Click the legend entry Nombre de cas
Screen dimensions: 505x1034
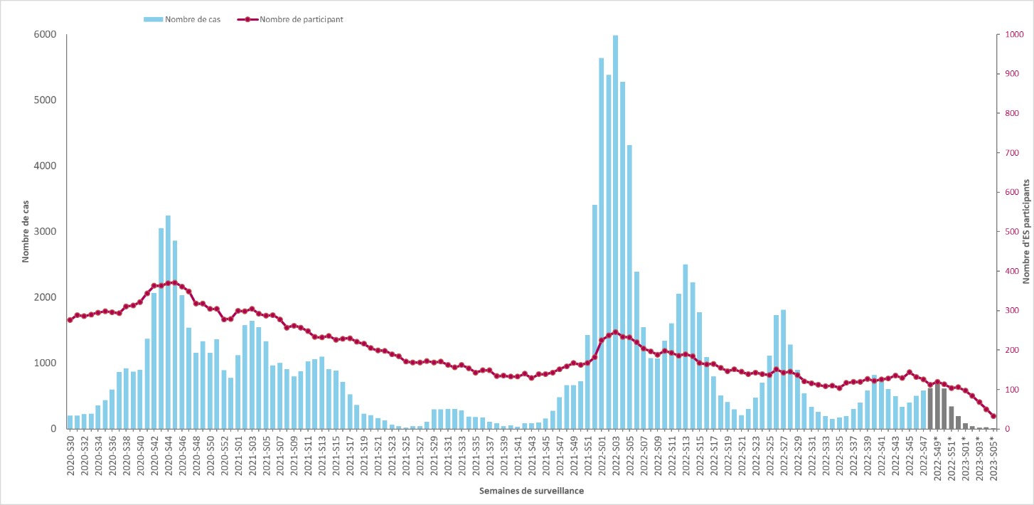[192, 19]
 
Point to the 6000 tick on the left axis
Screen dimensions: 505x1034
[46, 35]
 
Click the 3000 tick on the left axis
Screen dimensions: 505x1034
[46, 232]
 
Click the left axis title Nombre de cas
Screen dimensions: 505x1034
[26, 232]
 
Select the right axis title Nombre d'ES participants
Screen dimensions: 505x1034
[1026, 232]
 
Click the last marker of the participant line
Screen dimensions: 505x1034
[993, 416]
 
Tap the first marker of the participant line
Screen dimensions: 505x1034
[70, 320]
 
